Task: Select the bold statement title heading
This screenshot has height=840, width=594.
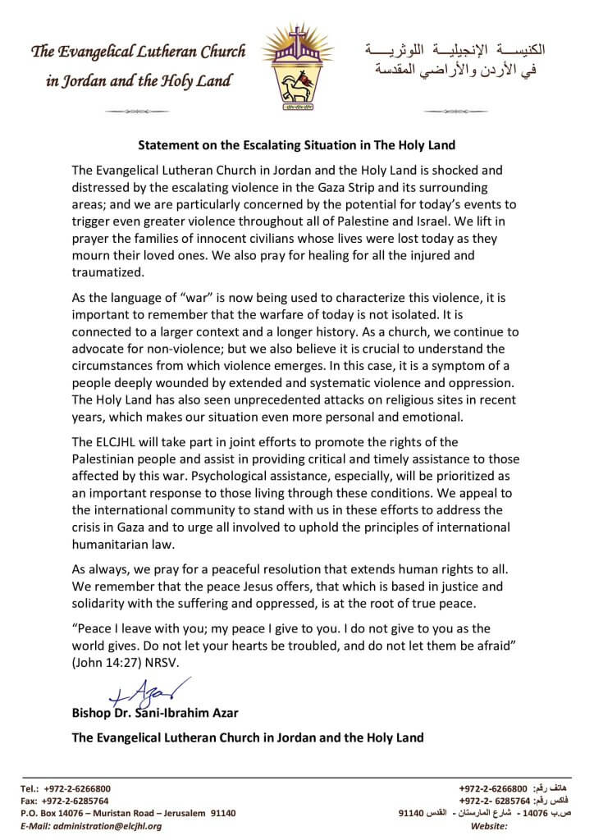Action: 296,146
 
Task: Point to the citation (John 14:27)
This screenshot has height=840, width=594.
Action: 113,662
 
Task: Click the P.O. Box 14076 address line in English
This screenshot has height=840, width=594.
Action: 128,813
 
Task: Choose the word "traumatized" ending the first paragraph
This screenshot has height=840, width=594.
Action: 107,273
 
